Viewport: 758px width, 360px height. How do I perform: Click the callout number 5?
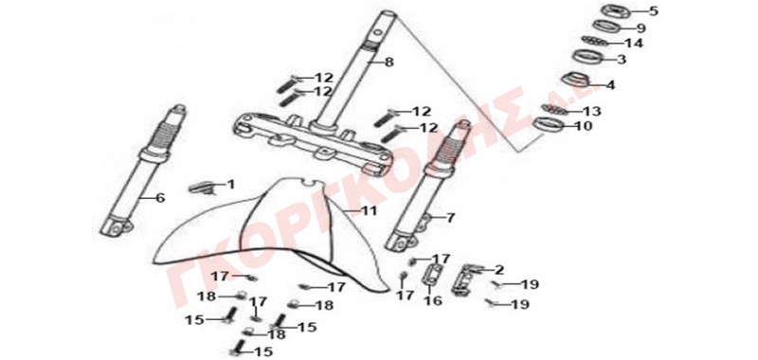pos(653,11)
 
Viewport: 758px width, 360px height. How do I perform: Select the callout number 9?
pos(641,28)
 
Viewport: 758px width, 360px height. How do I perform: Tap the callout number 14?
pos(634,43)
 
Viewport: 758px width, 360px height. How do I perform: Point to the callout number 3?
pos(622,60)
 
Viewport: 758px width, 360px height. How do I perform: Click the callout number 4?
pos(610,85)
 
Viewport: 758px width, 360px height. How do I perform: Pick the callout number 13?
pos(591,112)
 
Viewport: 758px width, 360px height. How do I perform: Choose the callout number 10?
pos(584,127)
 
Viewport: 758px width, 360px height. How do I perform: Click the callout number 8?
pos(389,62)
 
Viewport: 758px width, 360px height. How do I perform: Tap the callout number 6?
pos(160,198)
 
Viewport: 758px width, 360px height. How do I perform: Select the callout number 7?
pos(450,218)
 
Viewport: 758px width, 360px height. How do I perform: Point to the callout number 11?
pos(369,211)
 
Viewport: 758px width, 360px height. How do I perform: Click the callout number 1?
pos(230,184)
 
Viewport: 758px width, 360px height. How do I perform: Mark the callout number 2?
pos(499,270)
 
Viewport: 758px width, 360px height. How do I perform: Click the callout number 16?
pos(433,300)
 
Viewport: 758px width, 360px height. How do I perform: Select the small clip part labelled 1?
pos(201,188)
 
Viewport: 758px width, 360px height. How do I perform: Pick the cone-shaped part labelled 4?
pos(575,81)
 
